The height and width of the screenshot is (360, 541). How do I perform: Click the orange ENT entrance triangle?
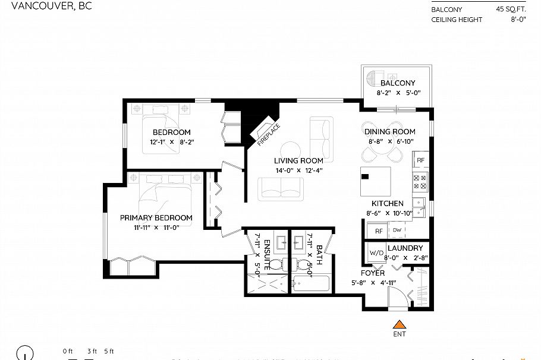coord(400,325)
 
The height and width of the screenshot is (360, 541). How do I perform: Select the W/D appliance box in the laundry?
coord(376,252)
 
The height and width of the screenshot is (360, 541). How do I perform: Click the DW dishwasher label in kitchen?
coord(397,230)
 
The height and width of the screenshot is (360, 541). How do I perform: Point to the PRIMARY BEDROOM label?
coord(156,218)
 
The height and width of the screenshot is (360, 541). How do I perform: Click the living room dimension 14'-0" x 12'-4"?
coord(298,170)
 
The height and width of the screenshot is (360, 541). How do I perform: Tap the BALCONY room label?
coord(398,83)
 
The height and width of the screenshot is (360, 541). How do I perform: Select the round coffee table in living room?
coord(292,149)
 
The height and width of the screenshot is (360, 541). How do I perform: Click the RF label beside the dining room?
coord(420,160)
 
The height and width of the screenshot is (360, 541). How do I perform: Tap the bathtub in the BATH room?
coord(310,282)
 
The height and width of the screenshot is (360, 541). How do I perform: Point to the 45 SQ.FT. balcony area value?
coord(509,9)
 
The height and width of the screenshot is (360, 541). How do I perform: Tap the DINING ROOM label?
coord(389,132)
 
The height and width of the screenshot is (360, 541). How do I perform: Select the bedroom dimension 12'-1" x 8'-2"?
coord(171,142)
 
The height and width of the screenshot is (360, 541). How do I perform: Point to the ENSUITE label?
coord(268,253)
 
